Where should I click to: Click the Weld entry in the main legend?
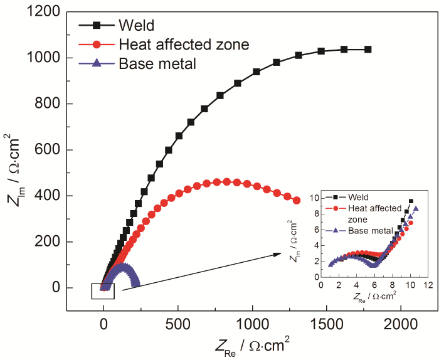(x=134, y=26)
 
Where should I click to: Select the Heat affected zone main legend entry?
(x=182, y=45)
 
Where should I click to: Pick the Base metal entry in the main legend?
(x=157, y=63)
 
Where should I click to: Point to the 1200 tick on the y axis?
(x=46, y=12)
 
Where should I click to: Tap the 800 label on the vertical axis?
(x=50, y=104)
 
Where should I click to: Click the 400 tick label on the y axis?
(x=50, y=196)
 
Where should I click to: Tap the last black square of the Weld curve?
(x=368, y=50)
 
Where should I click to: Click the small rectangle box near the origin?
(x=102, y=291)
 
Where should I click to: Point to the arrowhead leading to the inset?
(x=278, y=253)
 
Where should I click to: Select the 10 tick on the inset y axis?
(x=314, y=198)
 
